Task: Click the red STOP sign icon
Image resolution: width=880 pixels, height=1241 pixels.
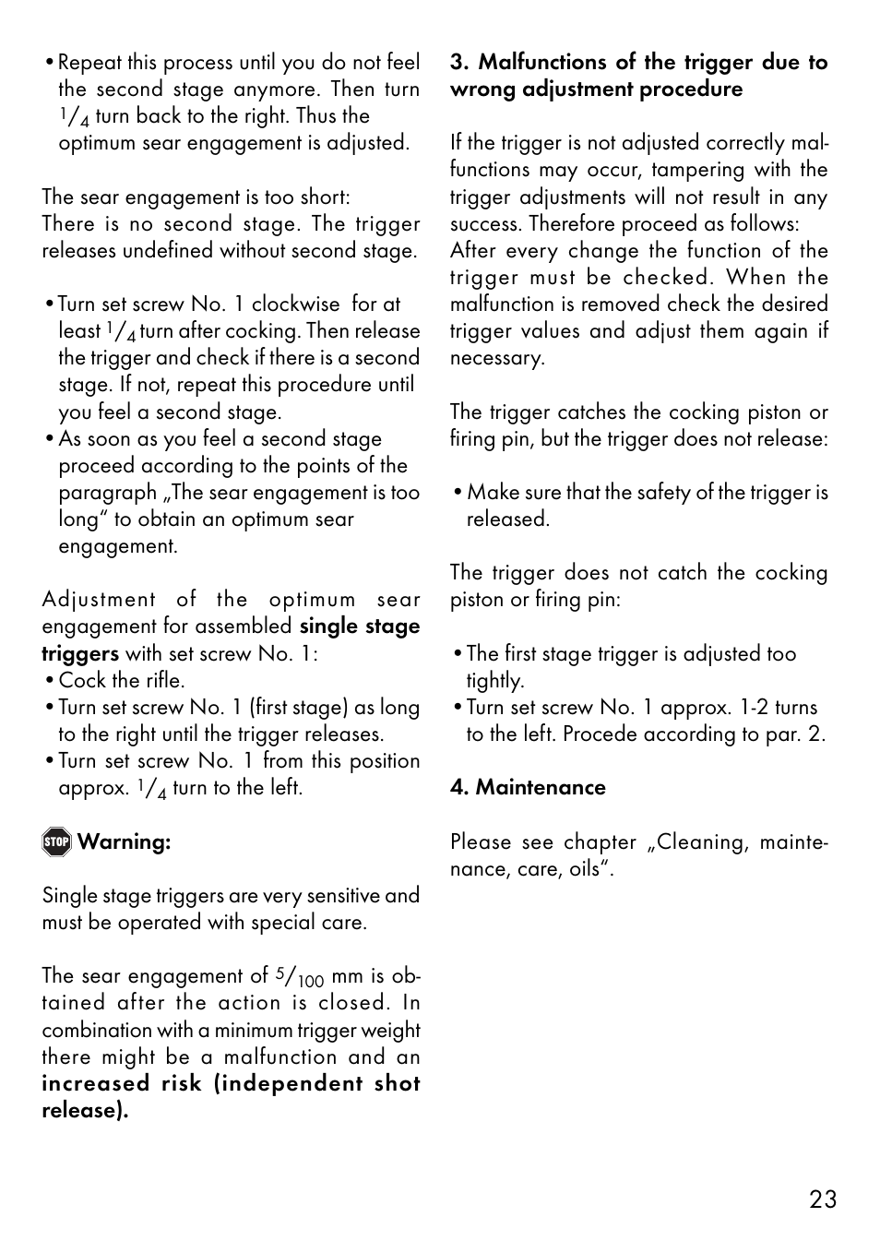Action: pyautogui.click(x=56, y=841)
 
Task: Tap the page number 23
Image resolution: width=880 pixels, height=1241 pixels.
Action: pyautogui.click(x=823, y=1199)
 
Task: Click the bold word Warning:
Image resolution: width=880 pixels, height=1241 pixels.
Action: pyautogui.click(x=124, y=841)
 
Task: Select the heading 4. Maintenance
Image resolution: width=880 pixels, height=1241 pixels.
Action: pyautogui.click(x=528, y=787)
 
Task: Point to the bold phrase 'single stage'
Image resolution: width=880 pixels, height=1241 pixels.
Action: pyautogui.click(x=360, y=626)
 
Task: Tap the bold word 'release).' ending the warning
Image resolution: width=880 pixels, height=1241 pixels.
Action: pyautogui.click(x=85, y=1110)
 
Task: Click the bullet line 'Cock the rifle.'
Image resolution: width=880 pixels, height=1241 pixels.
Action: pyautogui.click(x=121, y=680)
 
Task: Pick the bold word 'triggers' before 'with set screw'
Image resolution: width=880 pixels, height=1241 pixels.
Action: pyautogui.click(x=80, y=653)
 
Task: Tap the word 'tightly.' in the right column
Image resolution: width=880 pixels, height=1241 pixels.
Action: pyautogui.click(x=494, y=680)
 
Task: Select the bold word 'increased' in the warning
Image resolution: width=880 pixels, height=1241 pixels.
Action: pyautogui.click(x=95, y=1083)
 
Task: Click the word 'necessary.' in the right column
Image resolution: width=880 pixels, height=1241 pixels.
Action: pyautogui.click(x=497, y=358)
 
